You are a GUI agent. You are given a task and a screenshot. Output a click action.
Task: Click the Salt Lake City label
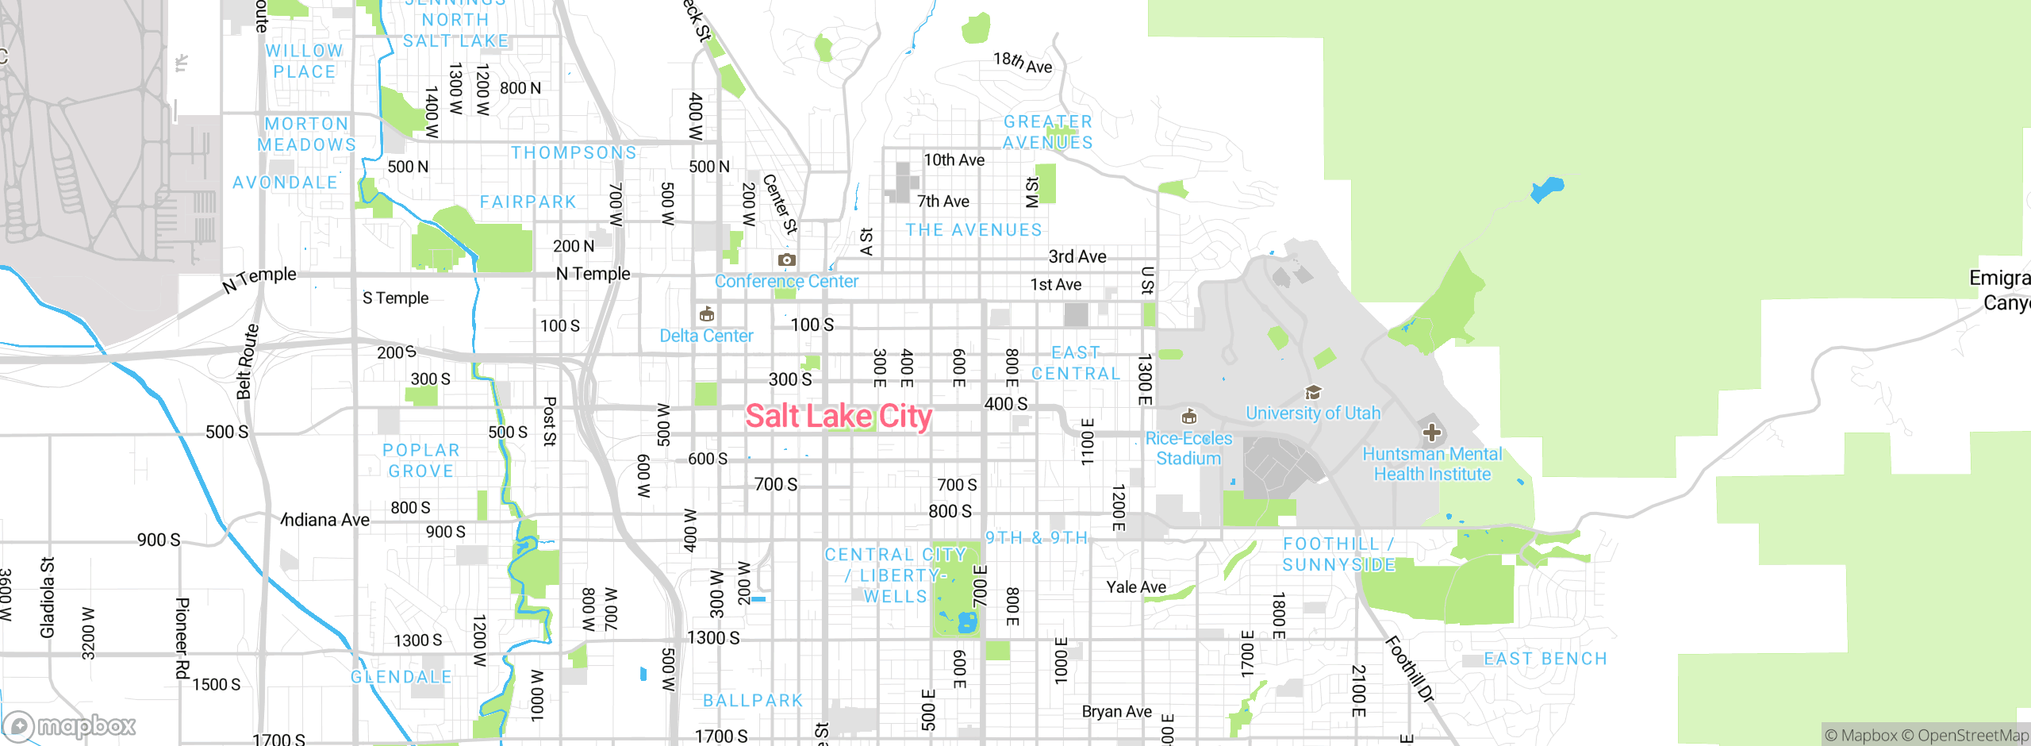[x=839, y=416]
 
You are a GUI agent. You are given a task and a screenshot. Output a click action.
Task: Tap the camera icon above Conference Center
[x=786, y=260]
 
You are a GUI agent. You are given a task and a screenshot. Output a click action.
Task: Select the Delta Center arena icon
[x=706, y=314]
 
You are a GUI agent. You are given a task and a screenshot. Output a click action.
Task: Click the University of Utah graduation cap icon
[x=1313, y=392]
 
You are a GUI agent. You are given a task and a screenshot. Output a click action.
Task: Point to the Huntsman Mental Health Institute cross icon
[x=1431, y=433]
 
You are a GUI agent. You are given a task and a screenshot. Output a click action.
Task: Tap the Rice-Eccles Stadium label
[x=1188, y=448]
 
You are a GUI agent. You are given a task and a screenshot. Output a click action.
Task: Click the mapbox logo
[x=70, y=725]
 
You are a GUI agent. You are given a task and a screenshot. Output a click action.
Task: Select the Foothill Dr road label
[x=1409, y=668]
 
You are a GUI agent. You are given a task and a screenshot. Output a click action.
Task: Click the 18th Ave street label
[x=1023, y=63]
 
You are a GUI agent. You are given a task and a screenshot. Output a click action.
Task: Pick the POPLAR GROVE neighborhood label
[x=421, y=460]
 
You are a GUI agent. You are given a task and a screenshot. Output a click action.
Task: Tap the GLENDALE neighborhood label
[x=401, y=677]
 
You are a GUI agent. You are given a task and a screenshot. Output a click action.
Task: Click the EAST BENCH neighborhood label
[x=1545, y=659]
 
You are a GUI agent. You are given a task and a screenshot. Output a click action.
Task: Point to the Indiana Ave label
[x=326, y=520]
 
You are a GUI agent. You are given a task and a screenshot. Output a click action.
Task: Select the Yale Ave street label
[x=1136, y=586]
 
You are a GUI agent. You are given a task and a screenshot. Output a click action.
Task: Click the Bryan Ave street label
[x=1116, y=711]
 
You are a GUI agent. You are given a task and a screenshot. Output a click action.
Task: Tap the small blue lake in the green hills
[x=1547, y=190]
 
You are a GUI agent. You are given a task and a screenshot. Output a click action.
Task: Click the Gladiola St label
[x=48, y=597]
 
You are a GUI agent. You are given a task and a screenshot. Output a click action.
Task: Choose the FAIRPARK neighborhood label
[x=528, y=202]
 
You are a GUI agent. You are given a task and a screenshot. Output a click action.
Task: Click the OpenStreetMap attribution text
[x=1971, y=736]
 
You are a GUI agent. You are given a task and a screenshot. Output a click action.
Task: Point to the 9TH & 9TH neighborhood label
[x=1036, y=538]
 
